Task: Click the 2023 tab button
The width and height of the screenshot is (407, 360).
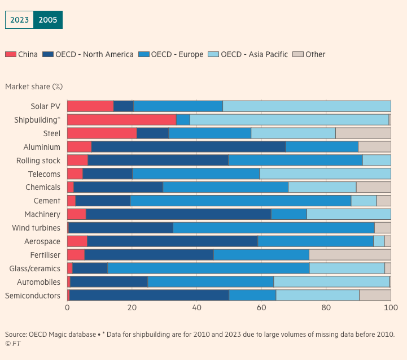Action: tap(19, 20)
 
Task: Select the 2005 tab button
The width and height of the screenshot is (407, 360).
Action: tap(48, 20)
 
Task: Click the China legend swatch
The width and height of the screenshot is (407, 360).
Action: tap(10, 54)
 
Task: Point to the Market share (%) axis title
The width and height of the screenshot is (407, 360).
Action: tap(34, 86)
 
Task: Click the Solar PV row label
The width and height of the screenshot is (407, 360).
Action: tap(45, 106)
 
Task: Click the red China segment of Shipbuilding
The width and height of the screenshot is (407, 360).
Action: tap(121, 120)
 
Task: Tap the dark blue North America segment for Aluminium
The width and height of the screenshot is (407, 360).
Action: tap(189, 147)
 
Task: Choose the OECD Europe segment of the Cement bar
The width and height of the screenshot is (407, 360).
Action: tap(240, 201)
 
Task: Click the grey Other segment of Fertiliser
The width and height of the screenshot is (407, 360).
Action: tap(350, 255)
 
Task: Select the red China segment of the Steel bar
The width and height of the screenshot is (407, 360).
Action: tap(102, 133)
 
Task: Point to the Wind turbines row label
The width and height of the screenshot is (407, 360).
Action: tap(36, 228)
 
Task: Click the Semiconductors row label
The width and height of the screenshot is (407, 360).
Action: tap(33, 296)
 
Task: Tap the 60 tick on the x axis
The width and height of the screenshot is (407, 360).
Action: tap(261, 308)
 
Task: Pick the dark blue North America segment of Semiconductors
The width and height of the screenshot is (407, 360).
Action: tap(149, 295)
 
